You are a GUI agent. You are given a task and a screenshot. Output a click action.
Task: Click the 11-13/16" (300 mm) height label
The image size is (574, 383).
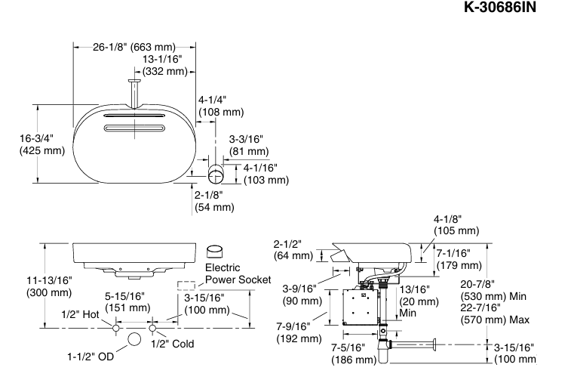pyautogui.click(x=49, y=286)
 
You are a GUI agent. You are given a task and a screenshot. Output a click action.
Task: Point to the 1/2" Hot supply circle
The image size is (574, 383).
pyautogui.click(x=115, y=329)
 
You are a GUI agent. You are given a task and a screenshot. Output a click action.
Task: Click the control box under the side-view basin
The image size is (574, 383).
pyautogui.click(x=358, y=306)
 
